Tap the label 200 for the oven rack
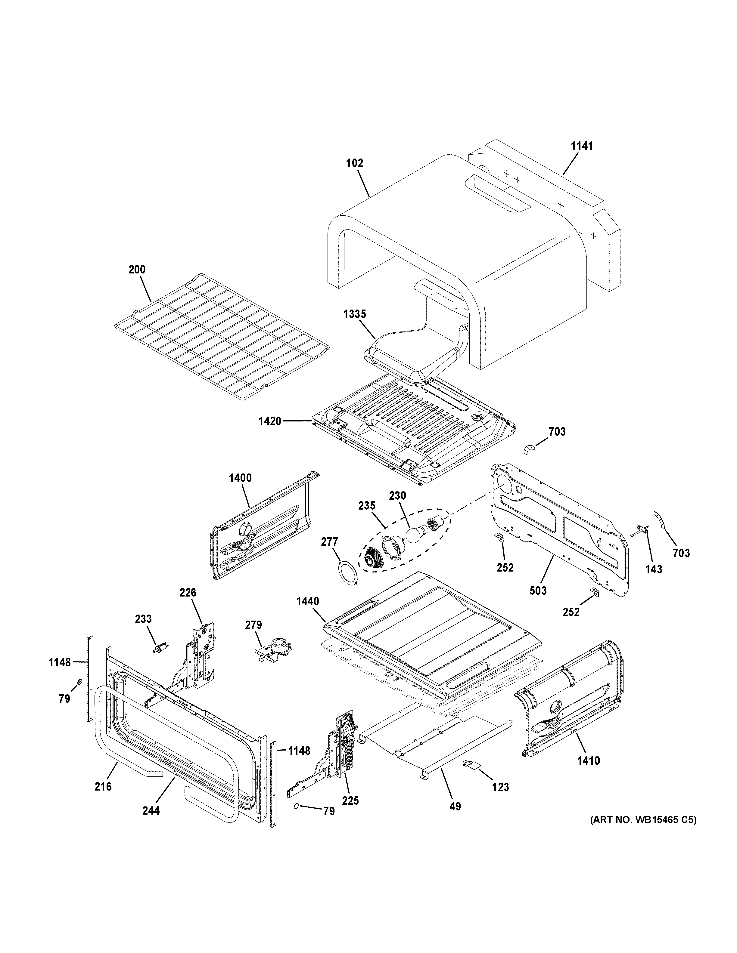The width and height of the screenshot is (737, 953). point(137,270)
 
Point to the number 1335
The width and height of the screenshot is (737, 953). point(355,314)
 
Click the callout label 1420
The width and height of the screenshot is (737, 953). point(269,421)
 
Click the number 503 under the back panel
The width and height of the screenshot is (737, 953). point(538,591)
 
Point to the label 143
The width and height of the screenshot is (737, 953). point(654,569)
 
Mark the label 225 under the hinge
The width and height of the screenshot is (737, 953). point(350,801)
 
